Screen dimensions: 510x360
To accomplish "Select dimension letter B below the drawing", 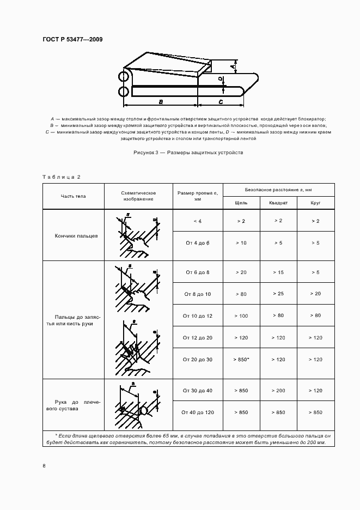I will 161,102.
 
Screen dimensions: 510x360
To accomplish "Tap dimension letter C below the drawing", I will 220,102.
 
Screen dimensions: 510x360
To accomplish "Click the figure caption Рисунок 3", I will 188,153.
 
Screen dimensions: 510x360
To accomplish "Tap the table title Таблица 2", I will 62,177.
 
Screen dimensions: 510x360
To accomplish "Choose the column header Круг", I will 315,202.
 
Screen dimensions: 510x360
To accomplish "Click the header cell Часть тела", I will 73,196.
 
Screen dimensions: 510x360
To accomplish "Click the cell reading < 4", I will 197,221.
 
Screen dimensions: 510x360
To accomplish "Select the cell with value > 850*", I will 241,360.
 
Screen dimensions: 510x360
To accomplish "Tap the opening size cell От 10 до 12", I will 197,316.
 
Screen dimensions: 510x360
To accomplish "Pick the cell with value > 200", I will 278,391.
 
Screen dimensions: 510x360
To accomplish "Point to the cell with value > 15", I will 278,272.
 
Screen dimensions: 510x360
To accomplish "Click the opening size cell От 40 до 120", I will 197,412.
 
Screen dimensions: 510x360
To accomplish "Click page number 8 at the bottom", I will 44,466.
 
